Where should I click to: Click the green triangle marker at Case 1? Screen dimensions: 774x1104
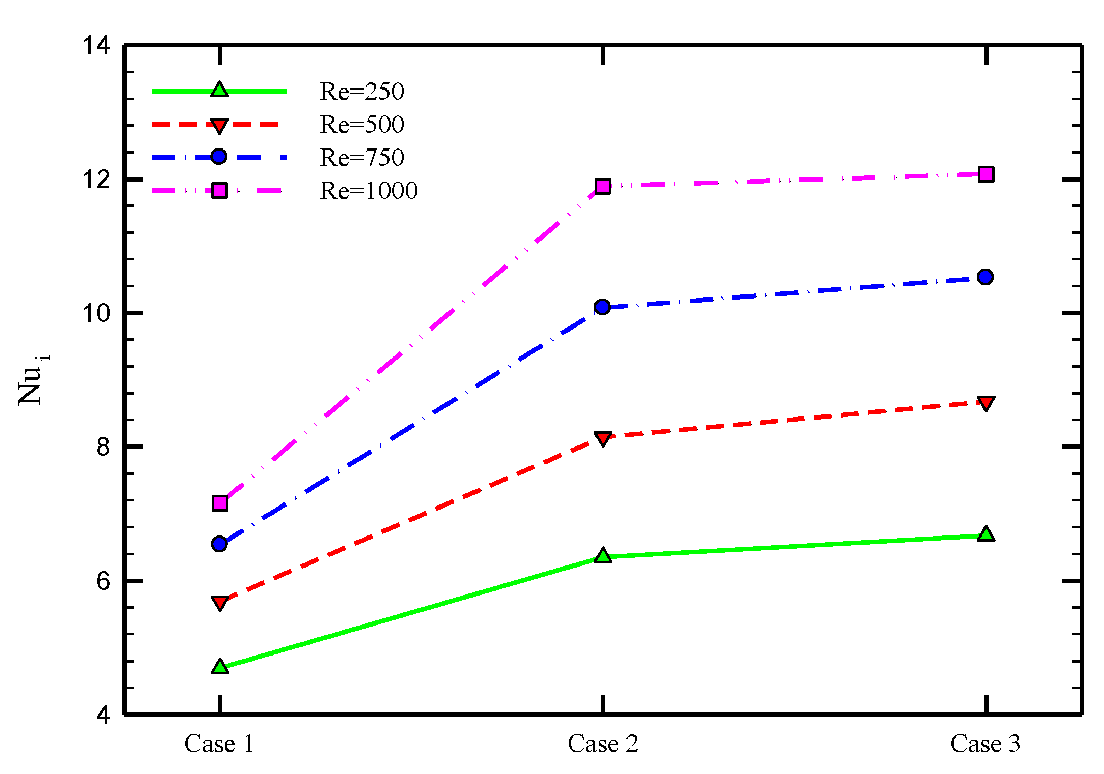click(220, 666)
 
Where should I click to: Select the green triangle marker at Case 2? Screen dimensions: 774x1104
click(603, 555)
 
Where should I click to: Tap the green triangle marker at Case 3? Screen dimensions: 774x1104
click(986, 534)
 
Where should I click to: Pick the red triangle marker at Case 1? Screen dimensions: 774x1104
click(220, 603)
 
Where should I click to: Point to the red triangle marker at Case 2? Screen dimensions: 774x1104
click(603, 438)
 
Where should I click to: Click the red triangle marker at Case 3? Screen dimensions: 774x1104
click(986, 404)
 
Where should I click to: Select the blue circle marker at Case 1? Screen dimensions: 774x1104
click(219, 544)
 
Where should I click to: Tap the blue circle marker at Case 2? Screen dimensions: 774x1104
click(602, 307)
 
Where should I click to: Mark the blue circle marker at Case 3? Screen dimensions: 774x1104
click(985, 277)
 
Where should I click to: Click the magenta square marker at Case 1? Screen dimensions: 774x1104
click(220, 503)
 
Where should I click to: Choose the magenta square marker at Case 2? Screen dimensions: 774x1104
click(603, 186)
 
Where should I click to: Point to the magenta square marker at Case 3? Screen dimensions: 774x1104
click(986, 174)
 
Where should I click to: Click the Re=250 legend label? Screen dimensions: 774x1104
click(362, 92)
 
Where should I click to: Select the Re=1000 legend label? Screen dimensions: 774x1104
click(369, 191)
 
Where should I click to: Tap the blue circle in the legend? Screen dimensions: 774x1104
click(219, 157)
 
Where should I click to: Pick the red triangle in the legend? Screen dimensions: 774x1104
click(219, 126)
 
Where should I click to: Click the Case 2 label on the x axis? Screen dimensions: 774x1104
click(603, 744)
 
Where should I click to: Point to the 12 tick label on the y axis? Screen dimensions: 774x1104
click(97, 180)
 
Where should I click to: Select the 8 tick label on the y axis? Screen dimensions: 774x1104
click(103, 447)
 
